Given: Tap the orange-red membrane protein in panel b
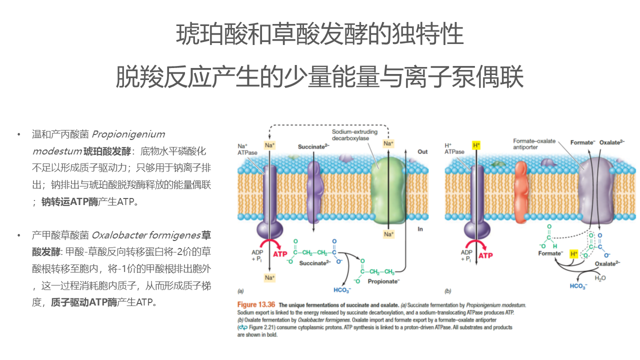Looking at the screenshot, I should [x=520, y=190].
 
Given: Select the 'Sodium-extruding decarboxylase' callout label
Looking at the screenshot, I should [x=354, y=135].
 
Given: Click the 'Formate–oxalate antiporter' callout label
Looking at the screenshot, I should [x=534, y=144].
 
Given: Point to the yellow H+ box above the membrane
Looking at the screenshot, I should [x=475, y=145].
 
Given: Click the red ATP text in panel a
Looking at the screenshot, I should [x=281, y=254].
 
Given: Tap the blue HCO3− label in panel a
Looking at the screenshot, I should [x=342, y=290].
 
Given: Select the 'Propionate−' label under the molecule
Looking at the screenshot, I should [x=383, y=281].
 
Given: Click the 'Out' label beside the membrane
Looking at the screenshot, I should [x=422, y=151].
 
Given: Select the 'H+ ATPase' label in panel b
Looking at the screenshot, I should [x=454, y=148].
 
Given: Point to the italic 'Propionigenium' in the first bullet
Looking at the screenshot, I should [x=128, y=134].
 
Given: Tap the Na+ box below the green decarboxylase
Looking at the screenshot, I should [x=388, y=234].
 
